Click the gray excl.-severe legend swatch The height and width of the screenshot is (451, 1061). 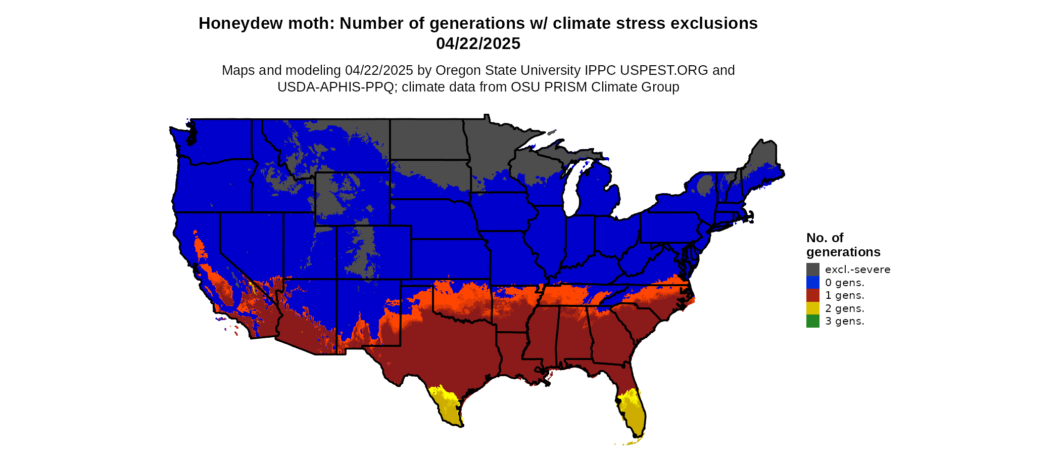coord(812,269)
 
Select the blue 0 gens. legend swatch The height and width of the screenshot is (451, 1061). coord(812,282)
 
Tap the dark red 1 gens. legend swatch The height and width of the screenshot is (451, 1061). coord(812,295)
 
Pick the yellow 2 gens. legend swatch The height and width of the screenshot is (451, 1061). coord(812,308)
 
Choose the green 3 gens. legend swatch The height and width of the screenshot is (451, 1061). coord(812,321)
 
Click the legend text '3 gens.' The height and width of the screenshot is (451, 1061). coord(844,321)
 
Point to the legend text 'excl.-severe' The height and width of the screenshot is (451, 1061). coord(857,269)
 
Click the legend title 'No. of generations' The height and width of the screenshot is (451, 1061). coord(843,245)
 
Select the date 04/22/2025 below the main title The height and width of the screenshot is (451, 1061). coord(478,44)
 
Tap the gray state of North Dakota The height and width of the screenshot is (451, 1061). coord(427,140)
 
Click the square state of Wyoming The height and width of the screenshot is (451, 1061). coord(352,199)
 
